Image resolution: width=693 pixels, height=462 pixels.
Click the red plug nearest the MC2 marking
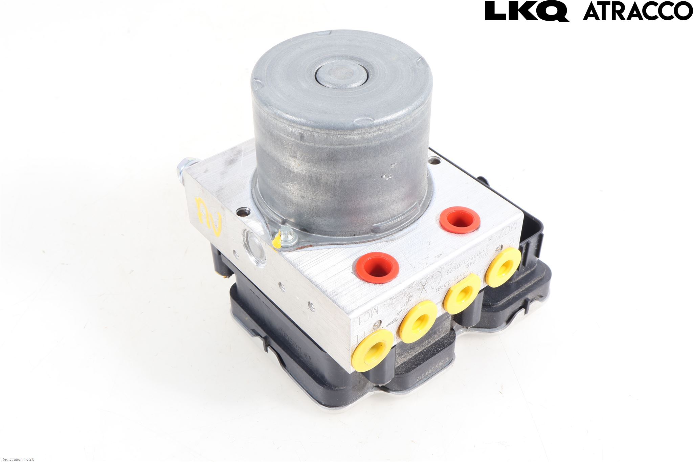(460, 219)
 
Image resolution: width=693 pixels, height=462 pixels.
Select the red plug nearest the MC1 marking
(377, 267)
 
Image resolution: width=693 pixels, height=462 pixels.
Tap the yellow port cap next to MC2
(503, 266)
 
